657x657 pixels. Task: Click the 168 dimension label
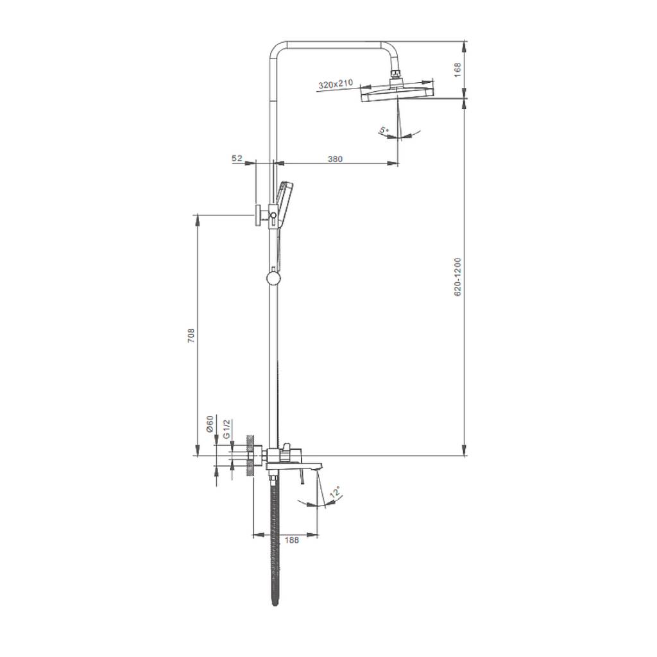(457, 69)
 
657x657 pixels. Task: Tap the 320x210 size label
(336, 84)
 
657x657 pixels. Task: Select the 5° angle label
(384, 131)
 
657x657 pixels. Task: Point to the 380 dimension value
(335, 159)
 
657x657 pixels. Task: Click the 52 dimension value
(237, 158)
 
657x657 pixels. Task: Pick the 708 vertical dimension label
(191, 336)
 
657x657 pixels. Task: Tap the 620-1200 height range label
(457, 277)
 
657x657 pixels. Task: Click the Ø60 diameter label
(210, 423)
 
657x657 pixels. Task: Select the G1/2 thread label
(226, 428)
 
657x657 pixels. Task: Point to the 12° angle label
(335, 492)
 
